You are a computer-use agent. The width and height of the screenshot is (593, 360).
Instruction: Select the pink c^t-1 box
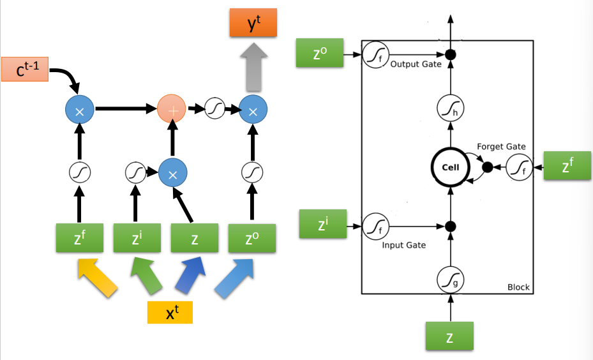click(x=26, y=70)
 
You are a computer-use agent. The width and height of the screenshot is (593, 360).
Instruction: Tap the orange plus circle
click(x=171, y=110)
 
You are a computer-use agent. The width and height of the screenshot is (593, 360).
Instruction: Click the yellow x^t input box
click(x=170, y=312)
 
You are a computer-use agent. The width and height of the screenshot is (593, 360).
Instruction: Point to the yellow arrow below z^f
click(x=98, y=277)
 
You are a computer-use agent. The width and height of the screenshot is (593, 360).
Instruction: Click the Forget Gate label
click(x=501, y=146)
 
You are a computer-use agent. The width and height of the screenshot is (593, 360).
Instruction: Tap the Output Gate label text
click(x=416, y=64)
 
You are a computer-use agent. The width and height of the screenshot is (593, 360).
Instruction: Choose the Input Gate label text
click(x=404, y=244)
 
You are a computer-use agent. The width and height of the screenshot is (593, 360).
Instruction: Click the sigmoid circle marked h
click(x=450, y=110)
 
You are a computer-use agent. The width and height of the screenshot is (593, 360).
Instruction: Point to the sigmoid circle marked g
click(x=450, y=280)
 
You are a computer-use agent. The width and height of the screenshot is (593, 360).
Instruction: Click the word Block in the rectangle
click(x=518, y=287)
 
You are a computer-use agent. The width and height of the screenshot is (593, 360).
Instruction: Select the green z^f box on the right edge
click(x=567, y=167)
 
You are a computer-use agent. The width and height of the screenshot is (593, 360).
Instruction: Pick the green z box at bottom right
click(x=450, y=336)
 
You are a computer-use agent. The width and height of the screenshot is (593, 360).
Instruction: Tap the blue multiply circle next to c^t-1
click(x=80, y=111)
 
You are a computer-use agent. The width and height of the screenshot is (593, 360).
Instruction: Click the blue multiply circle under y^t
click(x=253, y=111)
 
